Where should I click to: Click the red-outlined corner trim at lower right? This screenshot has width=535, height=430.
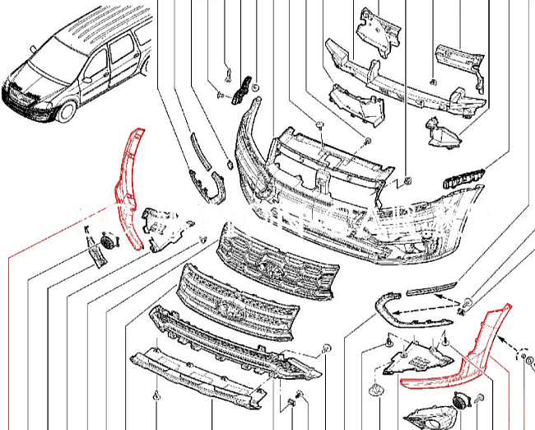(461, 362)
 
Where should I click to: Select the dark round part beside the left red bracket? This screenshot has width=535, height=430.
(107, 242)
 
